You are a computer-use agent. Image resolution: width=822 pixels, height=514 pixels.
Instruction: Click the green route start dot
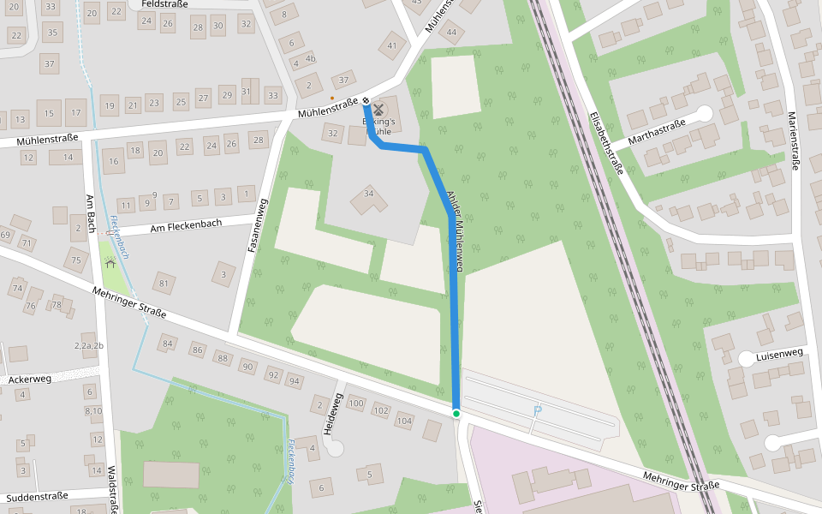click(x=456, y=414)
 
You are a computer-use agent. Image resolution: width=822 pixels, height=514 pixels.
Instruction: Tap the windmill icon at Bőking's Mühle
click(x=378, y=109)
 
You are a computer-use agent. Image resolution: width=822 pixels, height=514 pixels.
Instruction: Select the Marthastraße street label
click(x=657, y=132)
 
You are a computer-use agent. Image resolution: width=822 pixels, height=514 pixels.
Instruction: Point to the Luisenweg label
click(x=779, y=353)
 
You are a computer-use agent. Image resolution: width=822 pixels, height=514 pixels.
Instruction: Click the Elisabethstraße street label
click(x=605, y=142)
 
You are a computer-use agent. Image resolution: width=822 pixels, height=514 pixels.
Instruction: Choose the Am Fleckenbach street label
click(x=186, y=225)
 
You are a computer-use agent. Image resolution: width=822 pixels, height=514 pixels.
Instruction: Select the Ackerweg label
click(x=30, y=379)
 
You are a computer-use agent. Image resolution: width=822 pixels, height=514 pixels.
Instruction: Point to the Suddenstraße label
click(x=37, y=496)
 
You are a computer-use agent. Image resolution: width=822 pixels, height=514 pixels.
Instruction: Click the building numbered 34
click(x=369, y=194)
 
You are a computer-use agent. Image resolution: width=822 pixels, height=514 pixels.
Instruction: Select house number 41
click(x=393, y=46)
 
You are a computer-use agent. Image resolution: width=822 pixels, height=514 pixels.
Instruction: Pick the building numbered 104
click(x=404, y=421)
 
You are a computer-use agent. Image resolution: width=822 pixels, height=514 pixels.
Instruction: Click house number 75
click(x=75, y=260)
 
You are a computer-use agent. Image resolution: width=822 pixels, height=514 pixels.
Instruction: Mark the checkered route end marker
click(x=366, y=100)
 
